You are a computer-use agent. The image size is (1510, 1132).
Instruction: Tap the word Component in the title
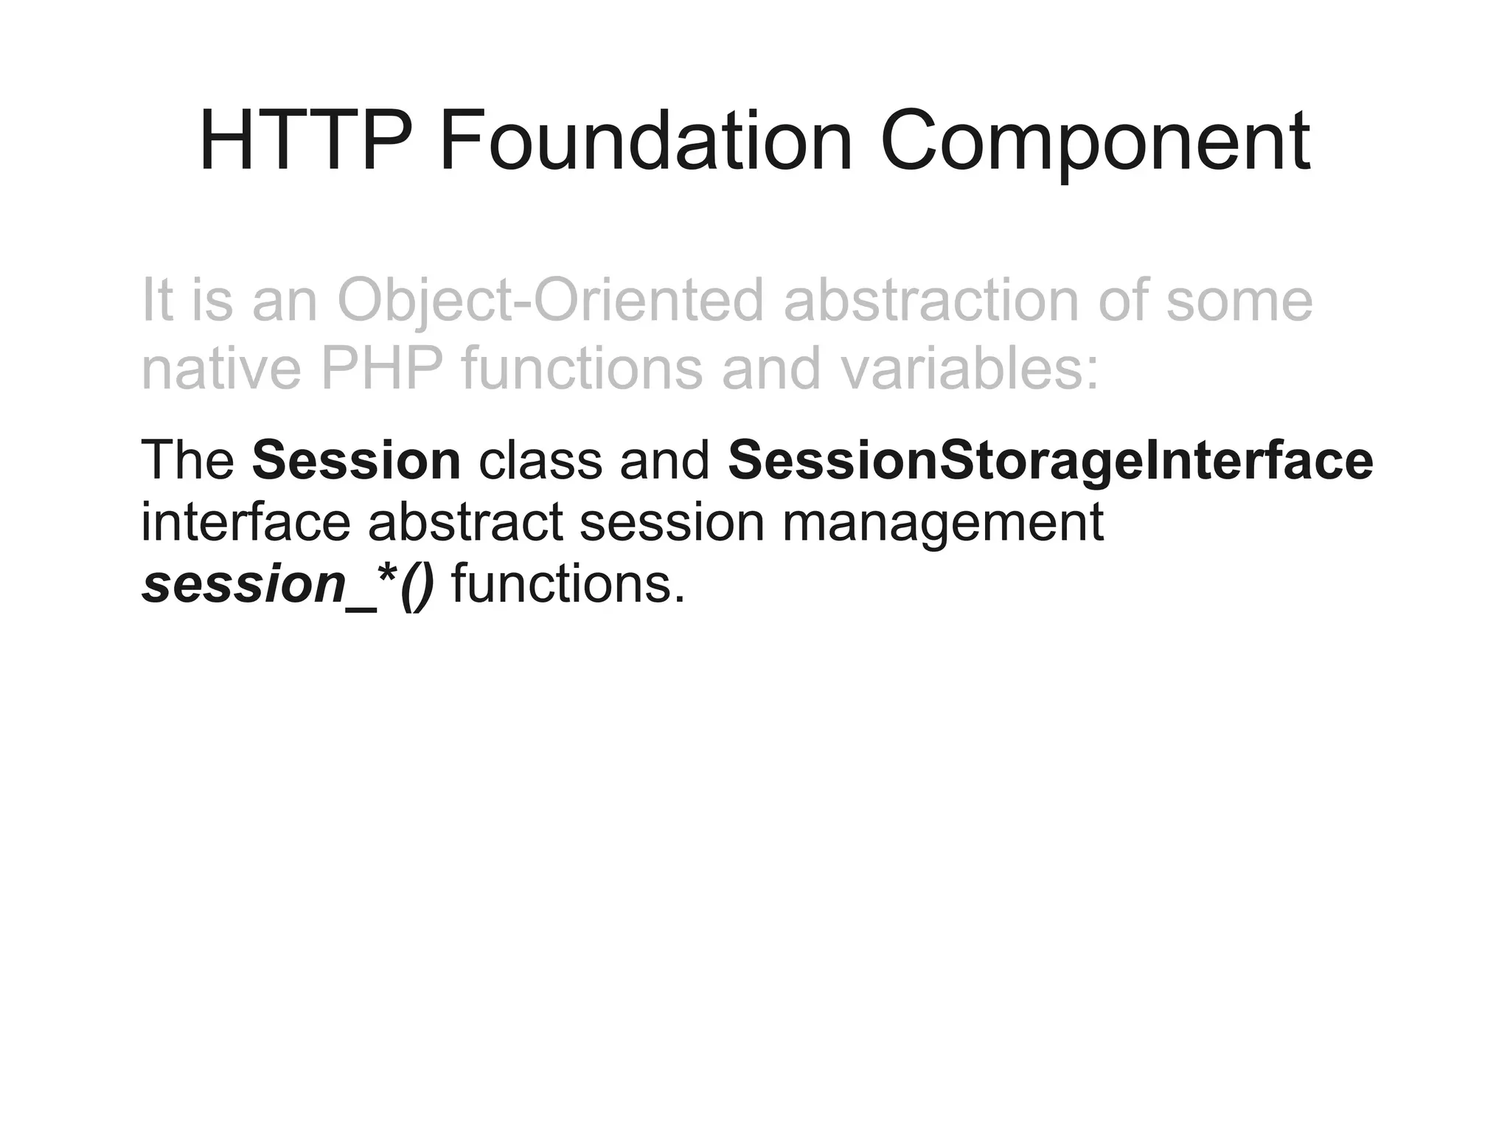(1095, 140)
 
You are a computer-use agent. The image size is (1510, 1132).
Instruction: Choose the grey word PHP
(382, 368)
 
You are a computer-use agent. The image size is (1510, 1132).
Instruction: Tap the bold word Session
(356, 460)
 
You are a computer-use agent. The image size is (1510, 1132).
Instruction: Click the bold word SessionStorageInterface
(1050, 460)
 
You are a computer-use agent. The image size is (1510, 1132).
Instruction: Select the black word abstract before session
(465, 522)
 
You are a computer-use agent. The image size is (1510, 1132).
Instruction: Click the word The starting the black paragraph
(187, 460)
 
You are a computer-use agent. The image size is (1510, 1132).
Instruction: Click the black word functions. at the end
(568, 584)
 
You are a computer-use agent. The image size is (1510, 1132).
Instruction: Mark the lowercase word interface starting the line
(245, 522)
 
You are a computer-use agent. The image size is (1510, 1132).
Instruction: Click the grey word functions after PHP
(582, 368)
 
